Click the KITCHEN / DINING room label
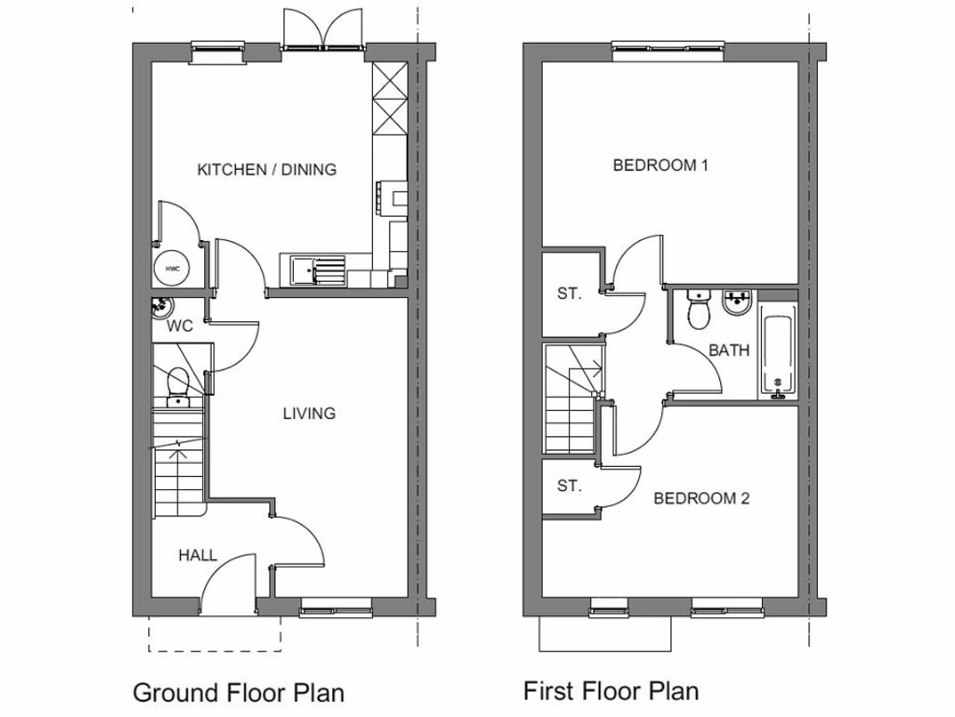pyautogui.click(x=267, y=170)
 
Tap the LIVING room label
pyautogui.click(x=309, y=413)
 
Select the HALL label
pyautogui.click(x=198, y=555)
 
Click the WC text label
pyautogui.click(x=179, y=327)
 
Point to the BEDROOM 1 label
pyautogui.click(x=661, y=166)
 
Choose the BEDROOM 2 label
pyautogui.click(x=701, y=499)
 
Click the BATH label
pyautogui.click(x=728, y=351)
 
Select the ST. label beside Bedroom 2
pyautogui.click(x=569, y=485)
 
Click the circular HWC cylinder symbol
pyautogui.click(x=173, y=270)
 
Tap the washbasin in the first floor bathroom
pyautogui.click(x=738, y=305)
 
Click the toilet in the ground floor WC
pyautogui.click(x=177, y=386)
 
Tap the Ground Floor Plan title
pyautogui.click(x=238, y=693)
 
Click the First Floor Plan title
pyautogui.click(x=610, y=691)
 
